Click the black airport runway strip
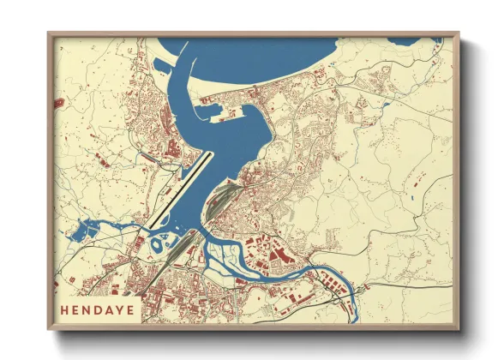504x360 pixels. click(x=178, y=190)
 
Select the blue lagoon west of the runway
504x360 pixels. click(x=89, y=230)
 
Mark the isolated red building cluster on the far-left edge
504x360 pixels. click(x=57, y=103)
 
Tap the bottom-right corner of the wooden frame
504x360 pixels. click(x=459, y=329)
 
